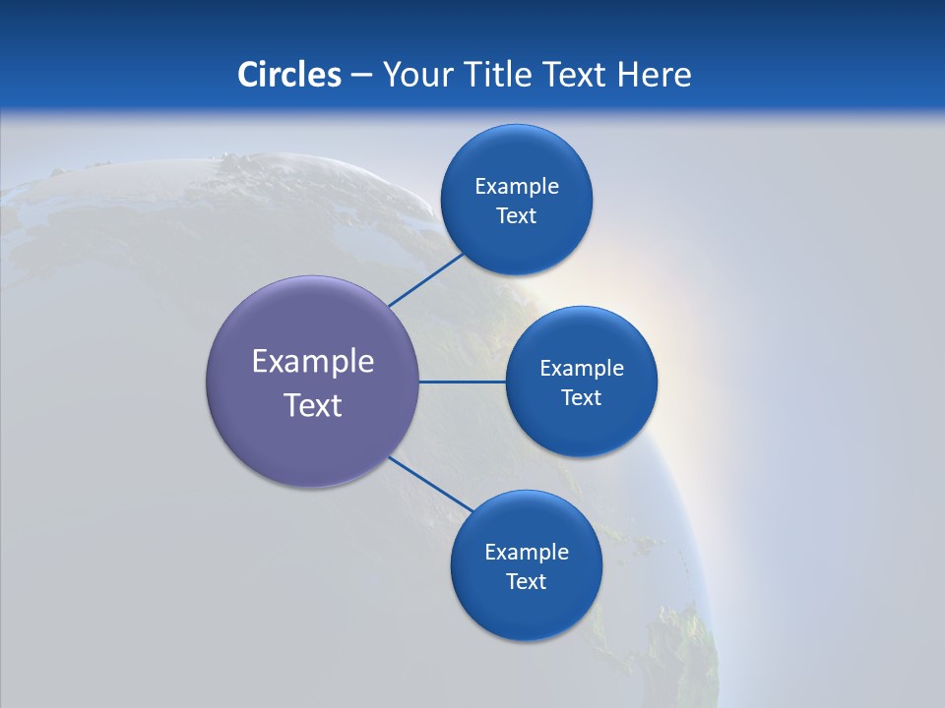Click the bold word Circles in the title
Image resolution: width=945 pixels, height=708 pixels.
tap(288, 75)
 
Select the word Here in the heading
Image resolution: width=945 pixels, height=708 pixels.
tap(654, 75)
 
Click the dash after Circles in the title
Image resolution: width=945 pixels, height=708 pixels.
tap(361, 76)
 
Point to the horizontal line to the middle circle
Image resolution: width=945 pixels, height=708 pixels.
tap(463, 382)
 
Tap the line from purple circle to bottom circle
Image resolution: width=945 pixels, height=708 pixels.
tap(430, 484)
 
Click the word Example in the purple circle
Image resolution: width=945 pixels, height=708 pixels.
tap(313, 362)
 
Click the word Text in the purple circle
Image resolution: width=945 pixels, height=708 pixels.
tap(313, 405)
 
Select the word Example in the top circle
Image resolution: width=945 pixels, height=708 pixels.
tap(517, 187)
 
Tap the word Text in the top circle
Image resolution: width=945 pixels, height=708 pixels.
tap(516, 216)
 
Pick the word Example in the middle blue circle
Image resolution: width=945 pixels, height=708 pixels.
tap(582, 369)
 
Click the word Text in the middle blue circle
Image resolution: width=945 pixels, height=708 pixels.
tap(581, 398)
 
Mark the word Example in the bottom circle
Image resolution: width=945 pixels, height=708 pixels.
tap(527, 553)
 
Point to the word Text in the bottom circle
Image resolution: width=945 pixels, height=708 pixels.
tap(526, 582)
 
